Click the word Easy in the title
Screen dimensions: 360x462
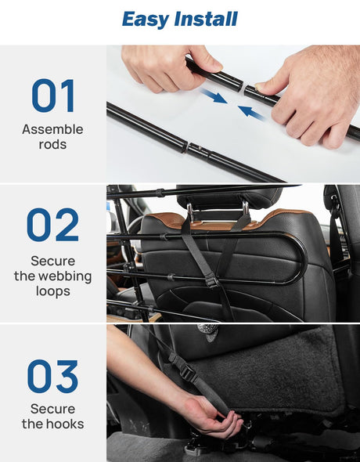coord(146,20)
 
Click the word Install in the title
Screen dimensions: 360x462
coord(206,19)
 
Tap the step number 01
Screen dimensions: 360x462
coord(53,96)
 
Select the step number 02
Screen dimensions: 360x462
coord(53,225)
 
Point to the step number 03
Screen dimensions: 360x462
coord(53,377)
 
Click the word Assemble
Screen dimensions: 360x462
coord(52,130)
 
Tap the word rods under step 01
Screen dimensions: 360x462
coord(52,144)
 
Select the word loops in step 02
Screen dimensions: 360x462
coord(53,291)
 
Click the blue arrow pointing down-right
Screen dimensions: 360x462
coord(214,96)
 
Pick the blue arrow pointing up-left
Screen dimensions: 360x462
coord(250,113)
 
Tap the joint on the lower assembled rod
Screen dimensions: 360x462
coord(185,146)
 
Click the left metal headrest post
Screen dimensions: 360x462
coord(190,212)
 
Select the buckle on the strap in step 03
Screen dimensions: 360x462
coord(187,372)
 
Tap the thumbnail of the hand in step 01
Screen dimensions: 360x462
coord(259,86)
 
